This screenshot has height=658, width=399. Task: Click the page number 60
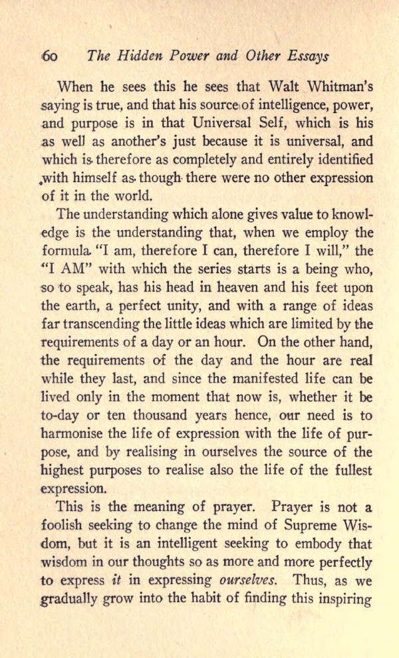coord(49,56)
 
